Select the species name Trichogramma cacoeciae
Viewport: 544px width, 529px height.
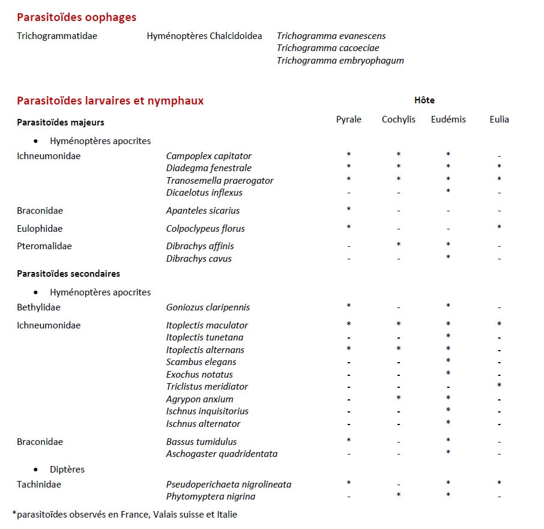click(328, 48)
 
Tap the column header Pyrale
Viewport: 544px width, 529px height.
click(348, 119)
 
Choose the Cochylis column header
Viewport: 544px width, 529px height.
click(398, 119)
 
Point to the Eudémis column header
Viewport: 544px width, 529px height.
click(448, 119)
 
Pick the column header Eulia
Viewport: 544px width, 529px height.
click(499, 119)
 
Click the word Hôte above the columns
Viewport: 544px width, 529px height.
click(424, 100)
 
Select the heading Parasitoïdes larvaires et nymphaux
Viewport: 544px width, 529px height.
click(110, 101)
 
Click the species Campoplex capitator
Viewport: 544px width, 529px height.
click(209, 156)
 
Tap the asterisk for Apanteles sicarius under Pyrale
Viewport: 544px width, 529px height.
click(348, 210)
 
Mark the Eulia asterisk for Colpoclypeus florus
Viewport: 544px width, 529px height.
click(499, 228)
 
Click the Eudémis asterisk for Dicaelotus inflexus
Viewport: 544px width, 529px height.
click(448, 192)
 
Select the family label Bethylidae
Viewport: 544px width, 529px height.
click(38, 307)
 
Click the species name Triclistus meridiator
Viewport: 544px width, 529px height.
click(207, 387)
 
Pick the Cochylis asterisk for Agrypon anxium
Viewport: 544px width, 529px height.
click(398, 398)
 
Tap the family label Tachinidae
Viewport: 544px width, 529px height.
click(39, 485)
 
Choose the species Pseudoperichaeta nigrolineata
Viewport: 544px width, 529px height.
click(229, 485)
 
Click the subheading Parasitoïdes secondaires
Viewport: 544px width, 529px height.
click(68, 274)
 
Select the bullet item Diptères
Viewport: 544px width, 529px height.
click(67, 469)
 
